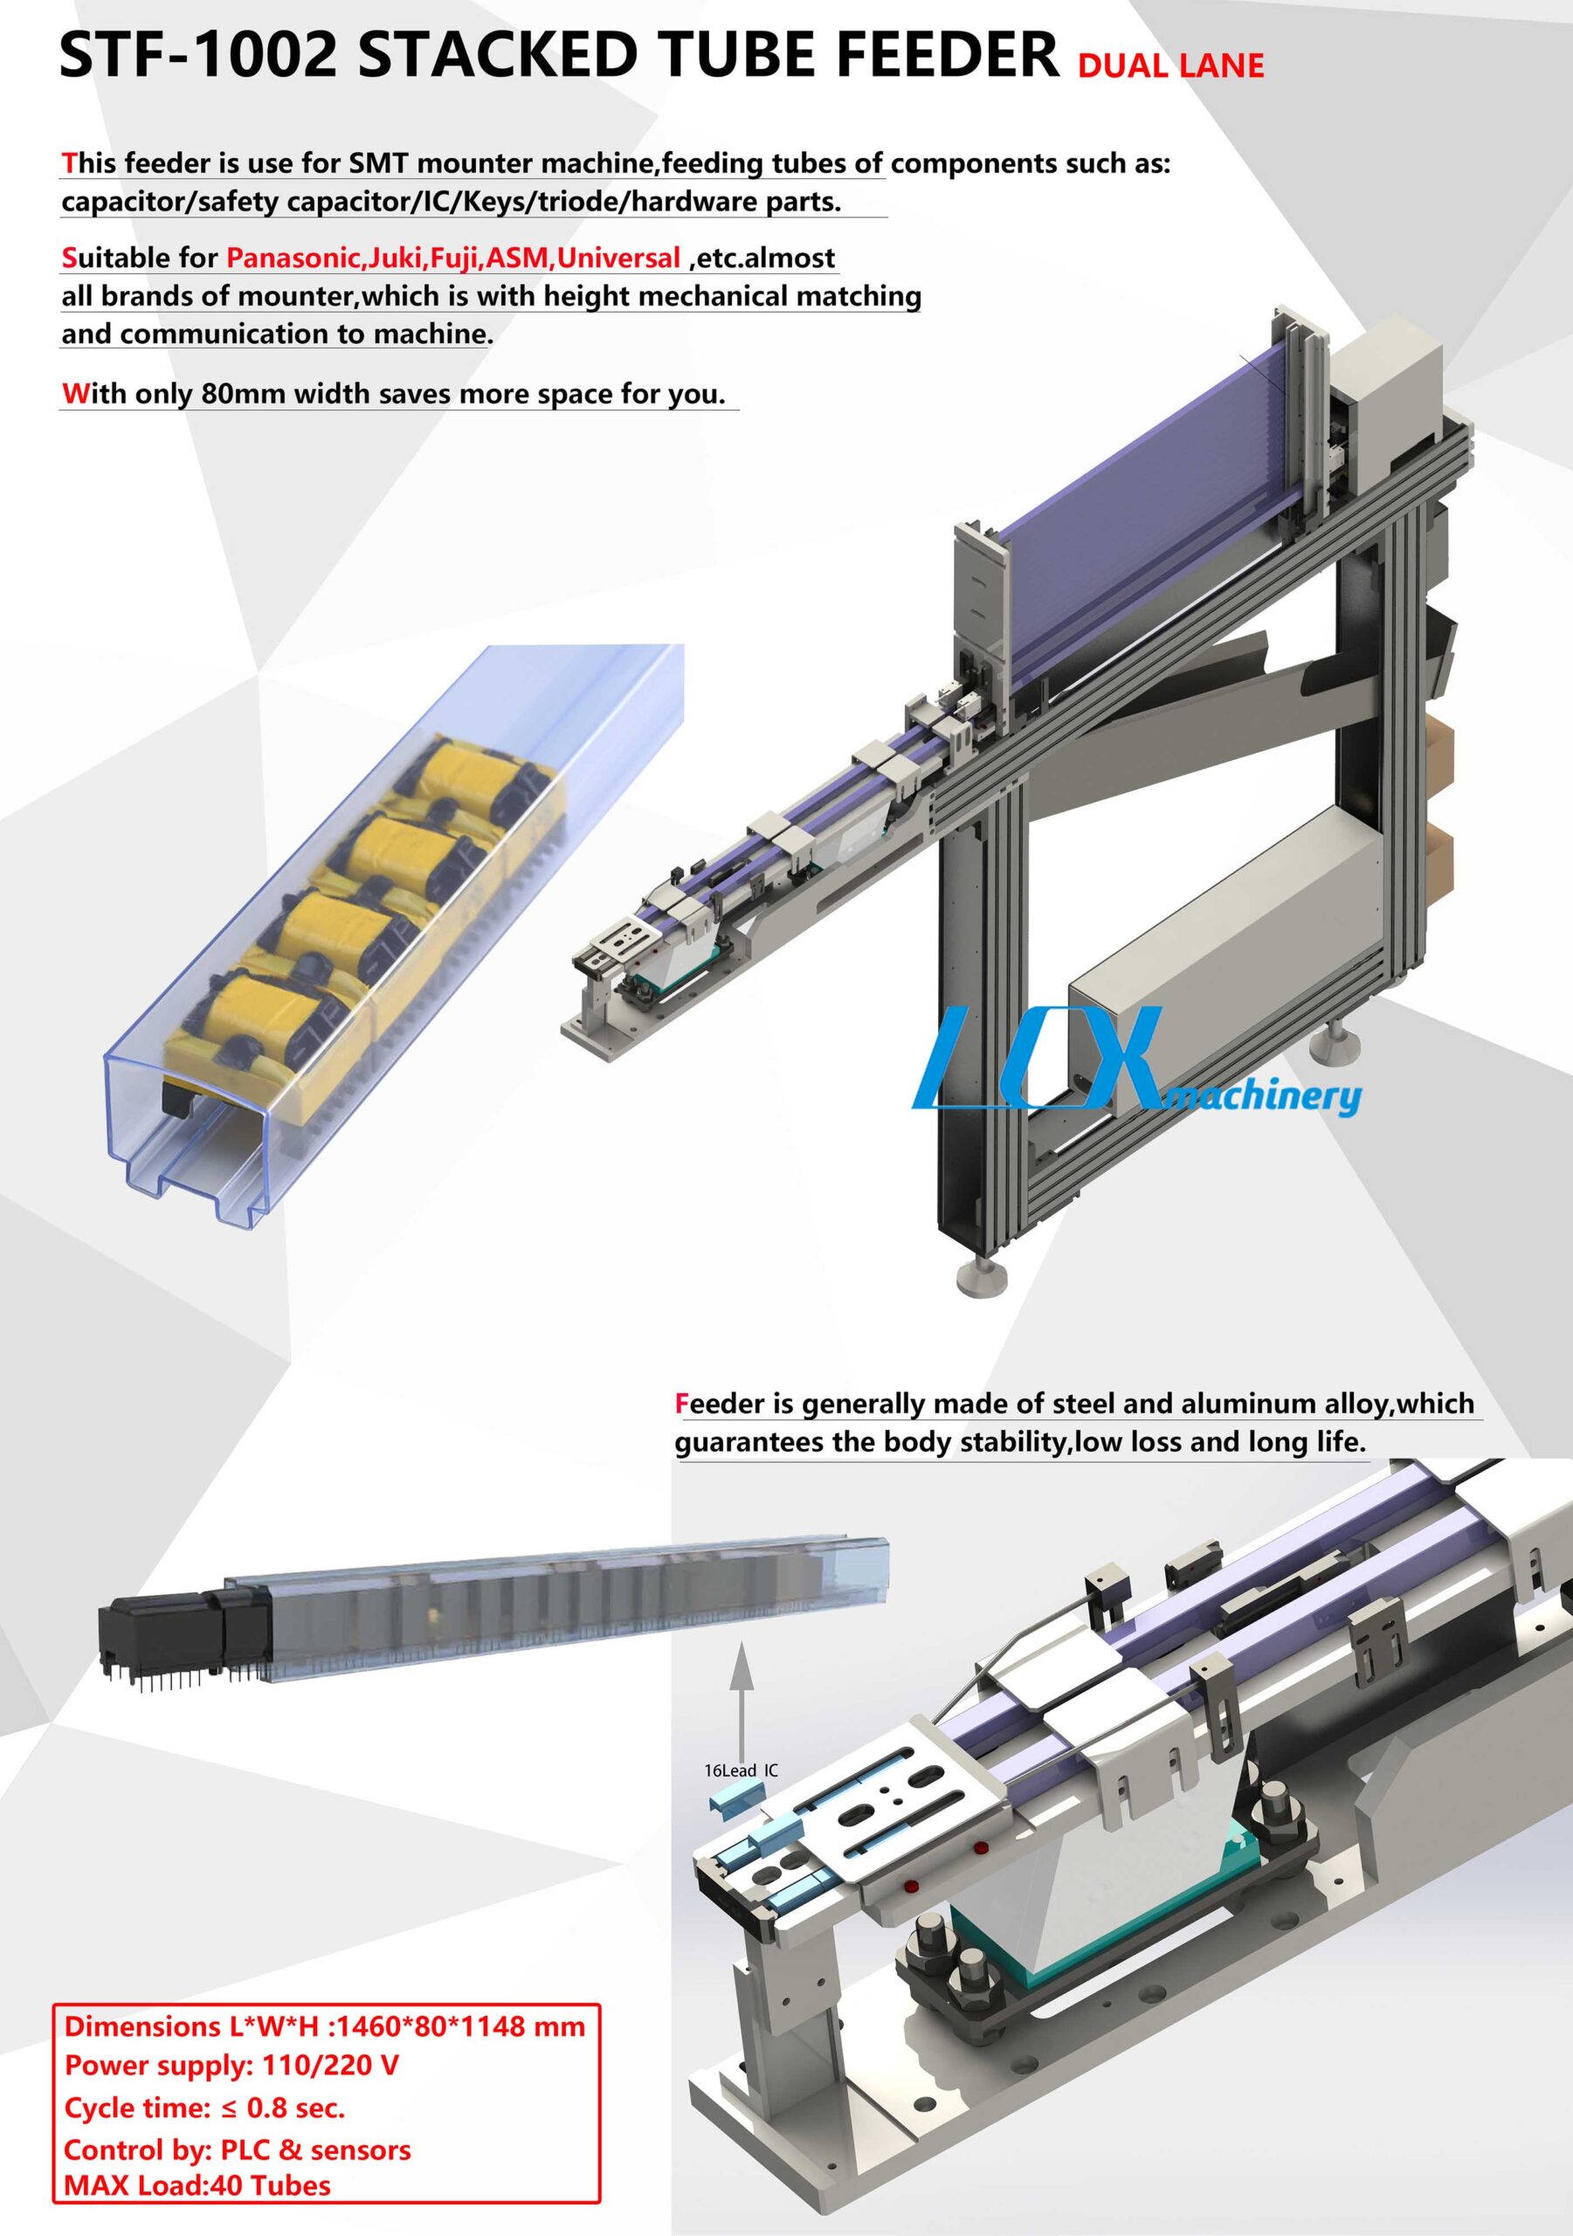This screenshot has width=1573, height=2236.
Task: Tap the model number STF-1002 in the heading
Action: pos(197,57)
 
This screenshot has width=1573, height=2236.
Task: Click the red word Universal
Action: pos(618,258)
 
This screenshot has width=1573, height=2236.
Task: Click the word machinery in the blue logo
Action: pos(1264,1098)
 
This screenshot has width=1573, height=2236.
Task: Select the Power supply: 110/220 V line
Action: pos(231,2065)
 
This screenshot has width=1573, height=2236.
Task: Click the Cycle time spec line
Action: pos(204,2108)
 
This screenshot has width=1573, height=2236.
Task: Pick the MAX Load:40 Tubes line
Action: pos(197,2186)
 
